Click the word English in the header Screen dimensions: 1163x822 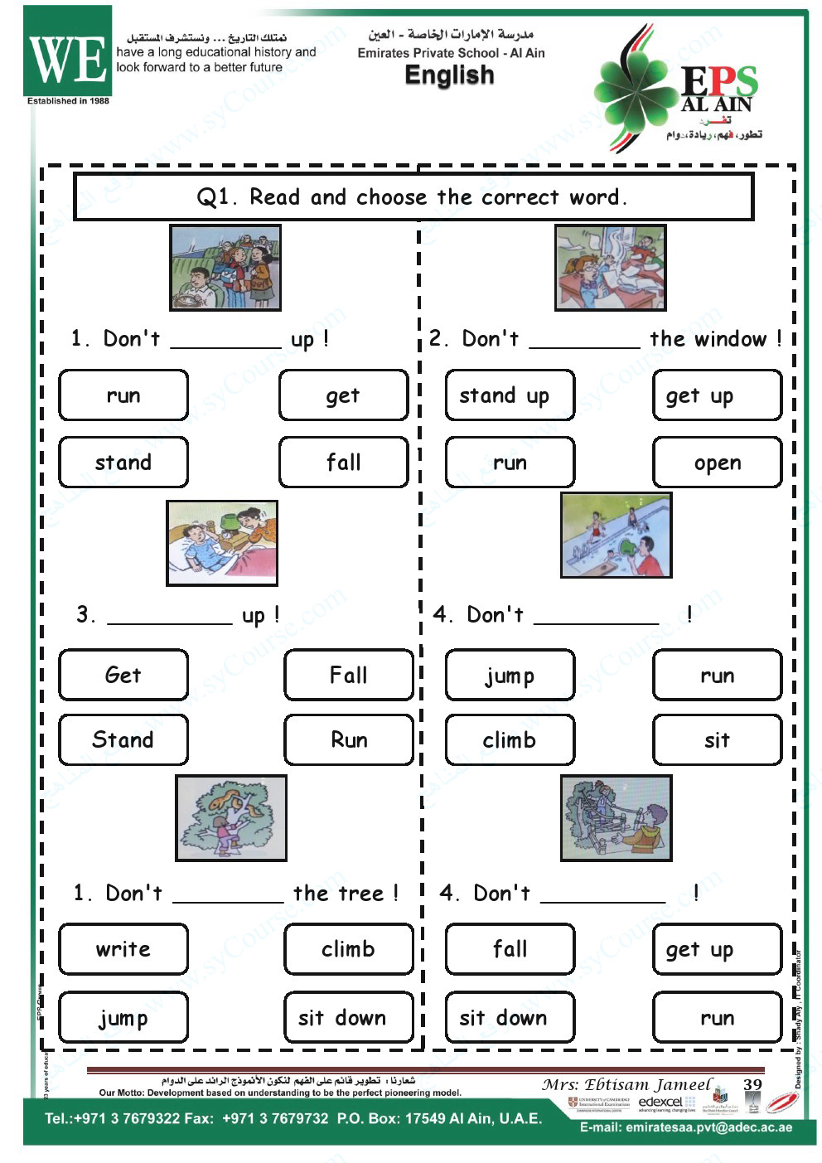point(449,75)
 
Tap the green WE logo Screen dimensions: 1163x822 point(68,54)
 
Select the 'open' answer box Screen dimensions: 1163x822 point(717,463)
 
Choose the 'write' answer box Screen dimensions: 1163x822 point(123,949)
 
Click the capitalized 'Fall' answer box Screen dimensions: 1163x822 point(348,675)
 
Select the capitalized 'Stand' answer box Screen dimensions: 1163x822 point(123,739)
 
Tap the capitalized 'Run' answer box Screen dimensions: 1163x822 point(348,739)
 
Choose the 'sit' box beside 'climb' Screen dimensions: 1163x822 point(717,739)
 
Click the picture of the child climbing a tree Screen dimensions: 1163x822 point(231,818)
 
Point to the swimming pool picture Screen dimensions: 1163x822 point(616,535)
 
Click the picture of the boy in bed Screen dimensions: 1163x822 point(222,543)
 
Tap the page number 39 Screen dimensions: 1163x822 point(752,1084)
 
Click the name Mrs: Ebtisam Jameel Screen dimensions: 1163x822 point(626,1084)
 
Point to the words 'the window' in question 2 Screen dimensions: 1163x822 point(708,339)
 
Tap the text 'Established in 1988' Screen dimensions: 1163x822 point(68,101)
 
